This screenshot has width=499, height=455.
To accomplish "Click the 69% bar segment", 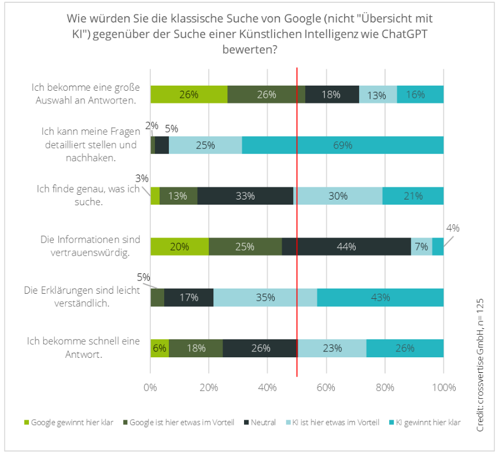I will click(x=342, y=145).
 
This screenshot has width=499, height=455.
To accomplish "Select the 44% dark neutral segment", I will click(x=346, y=246).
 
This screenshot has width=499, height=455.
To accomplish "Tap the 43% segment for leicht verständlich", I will click(x=380, y=297).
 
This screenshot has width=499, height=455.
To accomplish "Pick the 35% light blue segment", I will click(x=265, y=297).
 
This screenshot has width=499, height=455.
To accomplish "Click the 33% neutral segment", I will click(x=245, y=196).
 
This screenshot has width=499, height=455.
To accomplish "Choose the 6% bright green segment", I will click(x=160, y=348).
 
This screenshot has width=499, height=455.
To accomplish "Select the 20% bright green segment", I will click(x=179, y=246).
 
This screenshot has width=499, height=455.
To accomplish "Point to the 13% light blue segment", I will click(x=377, y=95).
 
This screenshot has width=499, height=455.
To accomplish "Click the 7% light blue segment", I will click(x=422, y=246).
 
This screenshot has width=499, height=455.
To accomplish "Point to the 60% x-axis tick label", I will click(x=326, y=386).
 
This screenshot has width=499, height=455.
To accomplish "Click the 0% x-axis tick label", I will click(x=151, y=386).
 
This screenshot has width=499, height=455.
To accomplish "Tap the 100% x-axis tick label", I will click(x=443, y=386).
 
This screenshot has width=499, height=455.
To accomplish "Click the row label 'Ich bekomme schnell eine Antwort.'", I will click(x=84, y=347).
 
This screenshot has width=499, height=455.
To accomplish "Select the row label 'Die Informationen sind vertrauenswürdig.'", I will click(x=90, y=246).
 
